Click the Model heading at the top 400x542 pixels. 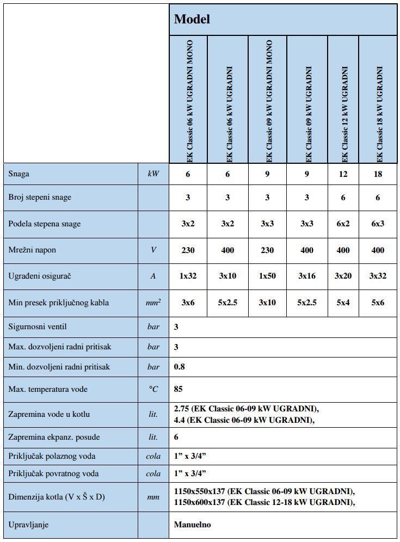click(x=192, y=20)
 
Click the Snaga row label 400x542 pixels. click(x=19, y=174)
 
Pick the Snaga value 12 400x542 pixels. click(x=343, y=174)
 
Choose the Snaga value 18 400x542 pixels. click(x=378, y=174)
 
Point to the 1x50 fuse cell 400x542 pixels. click(x=267, y=276)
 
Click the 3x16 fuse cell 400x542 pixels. click(x=307, y=276)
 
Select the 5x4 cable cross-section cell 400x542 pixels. click(x=343, y=303)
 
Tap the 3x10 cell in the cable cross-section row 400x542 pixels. click(x=267, y=303)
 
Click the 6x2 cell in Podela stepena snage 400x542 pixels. click(x=343, y=224)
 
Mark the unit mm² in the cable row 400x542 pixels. click(x=153, y=303)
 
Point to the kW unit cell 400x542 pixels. click(x=153, y=174)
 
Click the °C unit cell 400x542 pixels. click(x=153, y=389)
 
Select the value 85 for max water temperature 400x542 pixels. click(x=179, y=389)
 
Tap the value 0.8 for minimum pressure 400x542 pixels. click(x=180, y=367)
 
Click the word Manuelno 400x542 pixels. click(x=193, y=525)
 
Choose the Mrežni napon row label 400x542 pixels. click(x=32, y=250)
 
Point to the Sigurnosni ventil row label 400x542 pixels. click(x=38, y=327)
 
